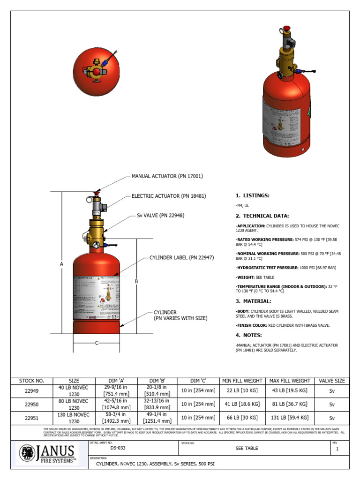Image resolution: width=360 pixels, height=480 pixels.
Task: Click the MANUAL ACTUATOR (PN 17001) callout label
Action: coord(167,176)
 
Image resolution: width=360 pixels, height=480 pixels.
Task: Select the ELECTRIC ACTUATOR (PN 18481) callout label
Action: coord(169,196)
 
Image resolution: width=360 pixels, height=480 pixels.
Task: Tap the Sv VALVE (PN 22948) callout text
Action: coord(160,216)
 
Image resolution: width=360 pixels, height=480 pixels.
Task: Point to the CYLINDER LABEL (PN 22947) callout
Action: coord(181,257)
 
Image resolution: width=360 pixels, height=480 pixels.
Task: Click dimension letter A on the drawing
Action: coord(61,264)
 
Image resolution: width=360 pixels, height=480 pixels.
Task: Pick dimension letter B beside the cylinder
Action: coord(136,281)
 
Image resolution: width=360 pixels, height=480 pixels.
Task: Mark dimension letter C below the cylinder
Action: coord(97,343)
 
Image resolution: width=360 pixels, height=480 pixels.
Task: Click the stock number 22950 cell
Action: coord(31,404)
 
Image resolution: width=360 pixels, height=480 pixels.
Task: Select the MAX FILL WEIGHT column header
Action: coord(289,381)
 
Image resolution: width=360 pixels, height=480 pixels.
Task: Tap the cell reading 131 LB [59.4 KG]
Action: coord(289,418)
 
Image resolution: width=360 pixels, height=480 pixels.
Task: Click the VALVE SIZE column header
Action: coord(332,381)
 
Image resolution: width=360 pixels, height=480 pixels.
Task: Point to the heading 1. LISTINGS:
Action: coord(253,195)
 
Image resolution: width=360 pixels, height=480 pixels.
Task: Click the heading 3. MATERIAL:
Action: coord(253,301)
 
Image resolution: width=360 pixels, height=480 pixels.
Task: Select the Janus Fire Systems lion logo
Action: coord(27,453)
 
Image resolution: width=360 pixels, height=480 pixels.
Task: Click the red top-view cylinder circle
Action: coord(96,71)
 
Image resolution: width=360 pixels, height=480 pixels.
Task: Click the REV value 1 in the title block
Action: coord(337,449)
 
